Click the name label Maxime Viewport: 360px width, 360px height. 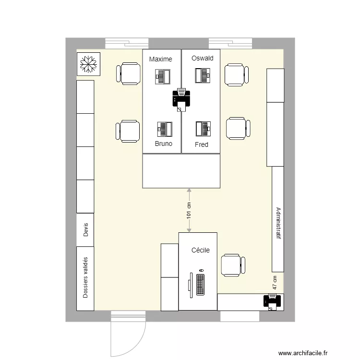pos(160,59)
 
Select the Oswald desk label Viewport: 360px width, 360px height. pos(202,59)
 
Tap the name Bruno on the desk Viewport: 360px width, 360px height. pos(164,143)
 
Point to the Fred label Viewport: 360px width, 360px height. pos(202,144)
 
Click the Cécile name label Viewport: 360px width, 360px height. pos(201,250)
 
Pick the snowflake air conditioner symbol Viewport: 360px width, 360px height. pos(88,64)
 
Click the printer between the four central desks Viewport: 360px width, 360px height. pos(181,99)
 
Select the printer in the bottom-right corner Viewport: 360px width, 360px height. pos(272,302)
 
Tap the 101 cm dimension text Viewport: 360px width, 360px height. pos(189,210)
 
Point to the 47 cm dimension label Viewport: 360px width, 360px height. pos(275,282)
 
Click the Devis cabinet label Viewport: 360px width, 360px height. pos(86,229)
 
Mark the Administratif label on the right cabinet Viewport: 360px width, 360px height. pos(278,223)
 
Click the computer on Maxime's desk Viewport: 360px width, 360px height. pos(163,76)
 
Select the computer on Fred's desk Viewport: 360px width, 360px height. pos(203,129)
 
